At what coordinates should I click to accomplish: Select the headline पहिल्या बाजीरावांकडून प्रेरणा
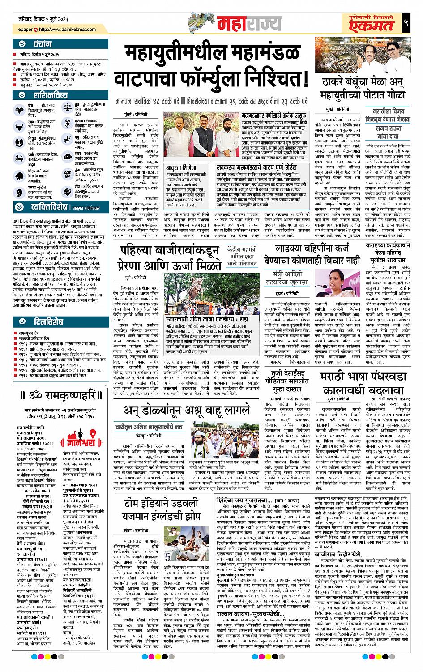pyautogui.click(x=170, y=257)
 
